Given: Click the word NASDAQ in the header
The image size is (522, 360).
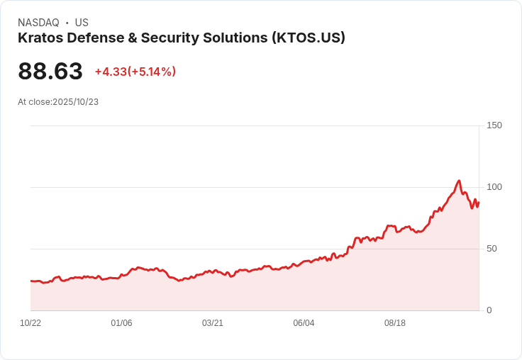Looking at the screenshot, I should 38,23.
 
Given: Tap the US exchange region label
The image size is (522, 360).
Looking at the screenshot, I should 82,23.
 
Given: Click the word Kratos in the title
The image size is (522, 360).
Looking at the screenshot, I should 40,38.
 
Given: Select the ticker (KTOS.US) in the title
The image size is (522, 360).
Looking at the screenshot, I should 308,38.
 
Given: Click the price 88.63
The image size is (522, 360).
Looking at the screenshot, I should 50,72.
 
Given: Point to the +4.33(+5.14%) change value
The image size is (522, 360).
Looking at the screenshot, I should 135,72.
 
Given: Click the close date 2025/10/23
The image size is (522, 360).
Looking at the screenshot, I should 76,102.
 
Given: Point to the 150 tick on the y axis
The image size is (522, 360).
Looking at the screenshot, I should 494,125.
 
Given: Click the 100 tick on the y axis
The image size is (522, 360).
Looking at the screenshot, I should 494,187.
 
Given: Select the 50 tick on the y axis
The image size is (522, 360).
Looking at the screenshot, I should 492,249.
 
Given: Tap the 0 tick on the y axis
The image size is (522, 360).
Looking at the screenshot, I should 489,310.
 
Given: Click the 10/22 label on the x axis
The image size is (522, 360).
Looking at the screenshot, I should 30,323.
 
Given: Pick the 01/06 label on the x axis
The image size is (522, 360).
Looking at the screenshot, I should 121,323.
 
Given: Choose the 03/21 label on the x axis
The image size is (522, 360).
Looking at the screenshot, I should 213,323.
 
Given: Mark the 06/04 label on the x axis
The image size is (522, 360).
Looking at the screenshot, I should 304,323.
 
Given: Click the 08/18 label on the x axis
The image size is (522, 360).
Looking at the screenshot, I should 395,323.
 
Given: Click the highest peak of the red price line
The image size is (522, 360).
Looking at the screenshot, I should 459,181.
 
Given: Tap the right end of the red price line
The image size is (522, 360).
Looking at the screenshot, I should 479,202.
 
